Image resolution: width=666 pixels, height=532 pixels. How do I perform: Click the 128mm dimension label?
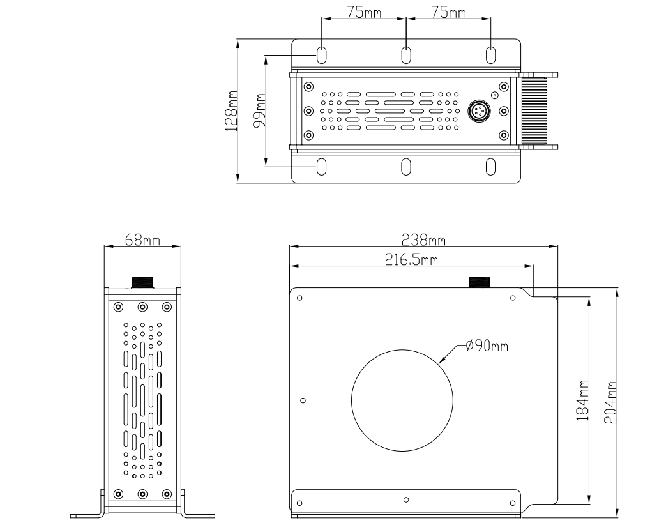click(x=231, y=111)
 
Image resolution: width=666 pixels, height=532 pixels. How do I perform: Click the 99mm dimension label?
click(x=259, y=110)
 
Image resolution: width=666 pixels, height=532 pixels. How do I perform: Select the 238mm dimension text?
click(x=423, y=241)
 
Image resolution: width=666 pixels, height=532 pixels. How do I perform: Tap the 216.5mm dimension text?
click(x=411, y=259)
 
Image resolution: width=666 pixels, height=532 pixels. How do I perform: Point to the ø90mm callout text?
click(x=487, y=346)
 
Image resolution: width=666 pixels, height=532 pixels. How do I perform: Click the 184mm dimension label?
click(x=583, y=400)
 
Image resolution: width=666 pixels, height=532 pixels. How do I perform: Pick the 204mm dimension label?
click(x=610, y=402)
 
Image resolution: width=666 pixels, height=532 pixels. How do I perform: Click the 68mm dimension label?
click(x=143, y=241)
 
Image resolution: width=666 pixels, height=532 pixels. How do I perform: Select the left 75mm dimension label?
click(x=364, y=13)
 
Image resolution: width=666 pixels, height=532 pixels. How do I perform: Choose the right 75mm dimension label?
click(x=448, y=13)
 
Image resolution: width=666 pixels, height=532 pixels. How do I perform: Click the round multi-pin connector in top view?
click(x=479, y=111)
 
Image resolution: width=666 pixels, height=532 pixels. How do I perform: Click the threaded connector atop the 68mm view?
click(x=143, y=282)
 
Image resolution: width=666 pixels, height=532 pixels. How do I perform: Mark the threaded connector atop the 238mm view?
click(x=479, y=282)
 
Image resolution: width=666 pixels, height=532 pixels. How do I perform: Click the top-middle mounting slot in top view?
click(x=406, y=55)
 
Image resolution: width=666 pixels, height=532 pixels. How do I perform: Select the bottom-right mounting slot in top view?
click(x=490, y=167)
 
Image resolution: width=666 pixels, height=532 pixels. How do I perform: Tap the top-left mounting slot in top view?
click(x=322, y=55)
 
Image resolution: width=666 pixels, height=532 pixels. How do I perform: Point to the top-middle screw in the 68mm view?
click(x=143, y=307)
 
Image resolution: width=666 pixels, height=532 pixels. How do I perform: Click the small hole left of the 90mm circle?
click(x=303, y=400)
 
